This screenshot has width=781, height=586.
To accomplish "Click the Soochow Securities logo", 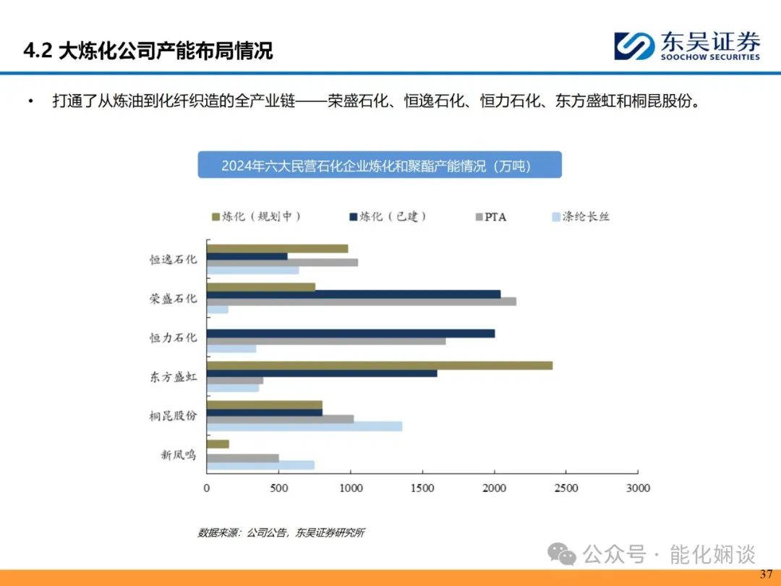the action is (687, 46).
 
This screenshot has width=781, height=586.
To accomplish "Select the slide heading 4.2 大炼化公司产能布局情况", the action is (148, 51).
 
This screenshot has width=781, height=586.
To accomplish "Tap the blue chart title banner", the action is (380, 165).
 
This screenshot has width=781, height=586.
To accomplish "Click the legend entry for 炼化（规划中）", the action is (256, 217).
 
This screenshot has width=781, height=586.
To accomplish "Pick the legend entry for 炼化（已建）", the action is (388, 217).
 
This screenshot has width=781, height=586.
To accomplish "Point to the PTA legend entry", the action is (490, 217).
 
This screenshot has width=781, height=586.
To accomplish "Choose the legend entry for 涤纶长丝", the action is (581, 217).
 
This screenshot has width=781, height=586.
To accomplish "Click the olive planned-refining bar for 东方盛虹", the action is (380, 365).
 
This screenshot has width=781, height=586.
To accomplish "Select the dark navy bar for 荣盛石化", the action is (354, 294).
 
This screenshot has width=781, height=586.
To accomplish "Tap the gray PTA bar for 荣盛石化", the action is (362, 302).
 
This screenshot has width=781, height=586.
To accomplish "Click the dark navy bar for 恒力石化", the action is (351, 334).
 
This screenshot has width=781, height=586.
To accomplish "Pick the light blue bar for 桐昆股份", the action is (305, 427).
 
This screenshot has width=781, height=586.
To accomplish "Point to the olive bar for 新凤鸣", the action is (218, 444).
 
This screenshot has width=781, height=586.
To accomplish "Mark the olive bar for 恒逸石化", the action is (278, 248).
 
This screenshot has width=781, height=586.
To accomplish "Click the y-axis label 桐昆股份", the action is (174, 415).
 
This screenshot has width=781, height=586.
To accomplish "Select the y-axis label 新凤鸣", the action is (179, 455).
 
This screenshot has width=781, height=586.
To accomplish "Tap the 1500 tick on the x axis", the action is (422, 488).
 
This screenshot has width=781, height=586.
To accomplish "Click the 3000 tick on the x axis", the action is (638, 488).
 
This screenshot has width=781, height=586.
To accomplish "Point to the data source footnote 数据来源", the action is (281, 532).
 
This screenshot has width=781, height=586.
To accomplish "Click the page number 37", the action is (766, 574).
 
